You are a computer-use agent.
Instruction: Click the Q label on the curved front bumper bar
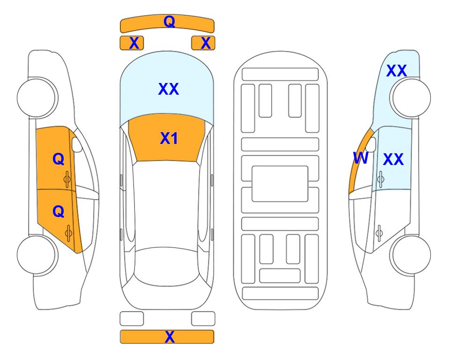169,21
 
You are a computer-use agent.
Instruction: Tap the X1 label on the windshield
169,138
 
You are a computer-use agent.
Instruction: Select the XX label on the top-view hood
169,89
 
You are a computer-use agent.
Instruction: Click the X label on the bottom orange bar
170,337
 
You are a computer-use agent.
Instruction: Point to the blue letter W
361,158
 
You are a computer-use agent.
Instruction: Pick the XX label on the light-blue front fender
396,71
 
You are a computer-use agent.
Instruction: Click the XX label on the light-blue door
393,159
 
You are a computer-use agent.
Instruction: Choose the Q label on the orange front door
59,159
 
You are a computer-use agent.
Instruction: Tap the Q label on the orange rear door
59,211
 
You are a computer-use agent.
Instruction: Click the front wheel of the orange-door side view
37,97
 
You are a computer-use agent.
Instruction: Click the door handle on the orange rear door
68,232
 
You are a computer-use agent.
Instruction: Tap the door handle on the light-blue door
381,179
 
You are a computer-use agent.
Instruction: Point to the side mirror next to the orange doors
77,144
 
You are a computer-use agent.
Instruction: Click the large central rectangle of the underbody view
280,184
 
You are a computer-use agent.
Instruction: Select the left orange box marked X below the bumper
132,43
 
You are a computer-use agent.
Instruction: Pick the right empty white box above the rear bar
203,318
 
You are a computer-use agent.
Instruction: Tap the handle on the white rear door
379,233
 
